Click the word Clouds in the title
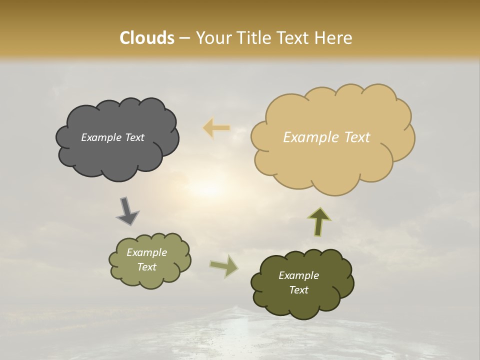[147, 38]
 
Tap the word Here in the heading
[333, 38]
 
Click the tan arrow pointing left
[216, 128]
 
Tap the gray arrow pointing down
[127, 211]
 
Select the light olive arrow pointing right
[223, 265]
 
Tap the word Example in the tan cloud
[306, 137]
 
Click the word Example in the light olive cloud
[146, 252]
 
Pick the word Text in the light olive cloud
[146, 267]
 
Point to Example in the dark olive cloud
[298, 275]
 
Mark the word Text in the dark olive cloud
[298, 290]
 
